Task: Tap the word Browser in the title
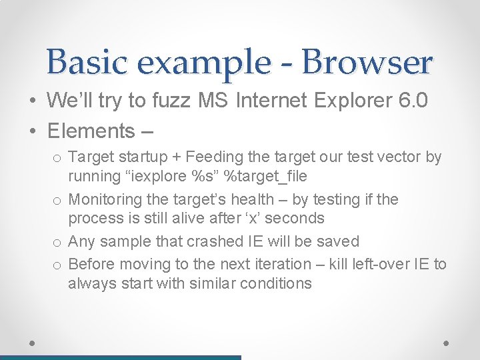(367, 62)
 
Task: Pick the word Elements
(91, 131)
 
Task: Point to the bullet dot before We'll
(33, 101)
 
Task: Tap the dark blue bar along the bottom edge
(120, 357)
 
